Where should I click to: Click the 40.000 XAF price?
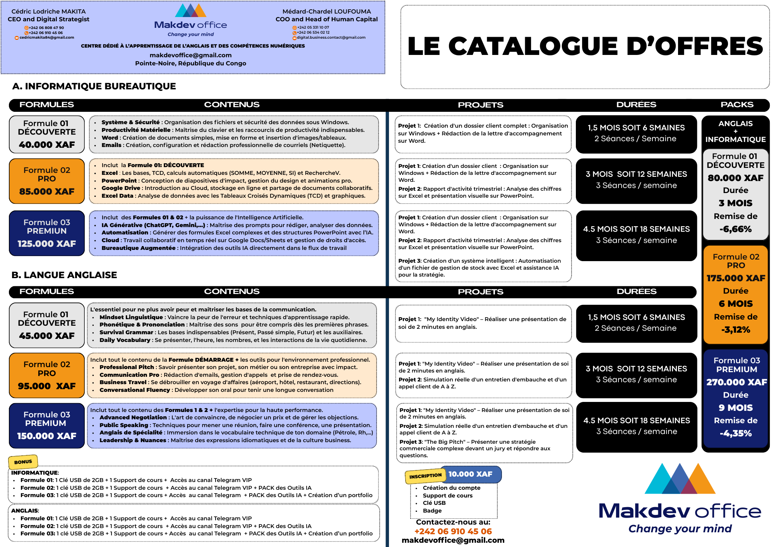point(47,145)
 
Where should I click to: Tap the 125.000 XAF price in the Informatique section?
point(47,244)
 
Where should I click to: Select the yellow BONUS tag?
point(23,462)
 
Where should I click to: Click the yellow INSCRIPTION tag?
point(425,476)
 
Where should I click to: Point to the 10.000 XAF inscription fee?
point(470,474)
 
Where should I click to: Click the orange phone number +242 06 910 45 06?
point(453,532)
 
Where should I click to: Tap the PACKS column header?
point(737,104)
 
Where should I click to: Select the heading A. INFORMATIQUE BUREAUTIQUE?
point(94,86)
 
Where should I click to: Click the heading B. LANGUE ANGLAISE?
point(64,275)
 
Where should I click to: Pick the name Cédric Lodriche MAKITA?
point(49,12)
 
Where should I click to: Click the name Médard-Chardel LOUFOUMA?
point(327,12)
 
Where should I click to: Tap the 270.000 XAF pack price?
point(736,382)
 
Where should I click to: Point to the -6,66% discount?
point(735,229)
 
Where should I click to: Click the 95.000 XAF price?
point(47,386)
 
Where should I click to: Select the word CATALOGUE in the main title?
point(552,46)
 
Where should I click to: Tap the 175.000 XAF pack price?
point(736,278)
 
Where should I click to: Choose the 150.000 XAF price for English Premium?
point(47,436)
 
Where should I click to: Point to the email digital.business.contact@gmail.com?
point(331,38)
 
